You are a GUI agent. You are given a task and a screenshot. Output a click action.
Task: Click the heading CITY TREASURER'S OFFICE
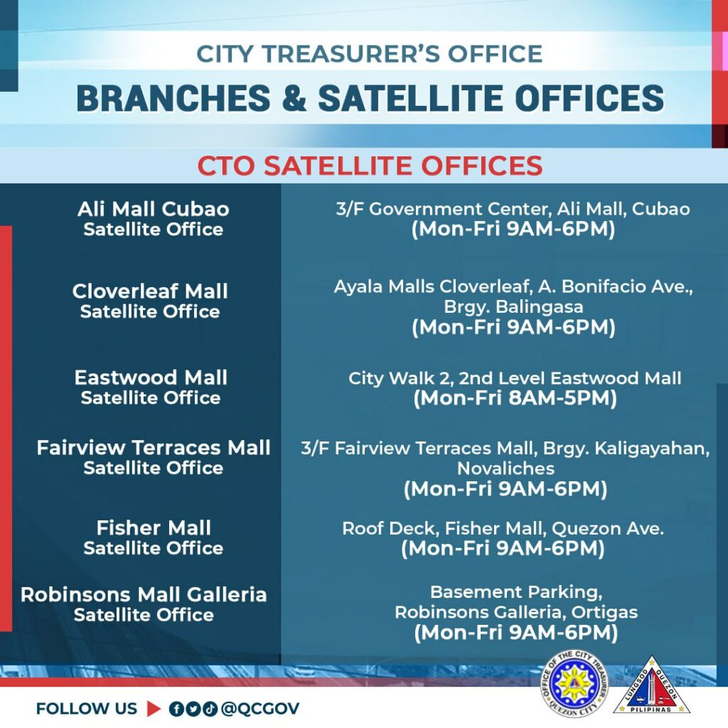[370, 54]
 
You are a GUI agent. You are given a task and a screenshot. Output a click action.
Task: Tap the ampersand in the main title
[294, 98]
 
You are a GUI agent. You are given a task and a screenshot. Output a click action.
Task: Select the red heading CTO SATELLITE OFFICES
[370, 165]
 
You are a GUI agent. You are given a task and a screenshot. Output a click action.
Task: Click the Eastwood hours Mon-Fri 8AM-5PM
[515, 398]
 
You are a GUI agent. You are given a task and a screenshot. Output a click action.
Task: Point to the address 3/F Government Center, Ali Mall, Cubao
[513, 209]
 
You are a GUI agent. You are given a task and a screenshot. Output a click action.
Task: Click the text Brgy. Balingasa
[513, 307]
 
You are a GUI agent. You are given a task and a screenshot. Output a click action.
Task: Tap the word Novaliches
[505, 469]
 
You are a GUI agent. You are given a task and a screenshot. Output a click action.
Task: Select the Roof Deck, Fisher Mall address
[503, 528]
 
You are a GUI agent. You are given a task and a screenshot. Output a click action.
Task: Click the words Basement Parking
[516, 592]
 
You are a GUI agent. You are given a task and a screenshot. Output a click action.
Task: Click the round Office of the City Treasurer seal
[574, 683]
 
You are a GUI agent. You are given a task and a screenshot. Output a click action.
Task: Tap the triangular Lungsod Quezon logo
[652, 685]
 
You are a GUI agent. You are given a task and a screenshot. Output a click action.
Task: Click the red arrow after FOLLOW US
[154, 709]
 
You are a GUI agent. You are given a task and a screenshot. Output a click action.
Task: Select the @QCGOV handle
[260, 709]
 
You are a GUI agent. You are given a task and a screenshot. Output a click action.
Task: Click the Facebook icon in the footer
[176, 709]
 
